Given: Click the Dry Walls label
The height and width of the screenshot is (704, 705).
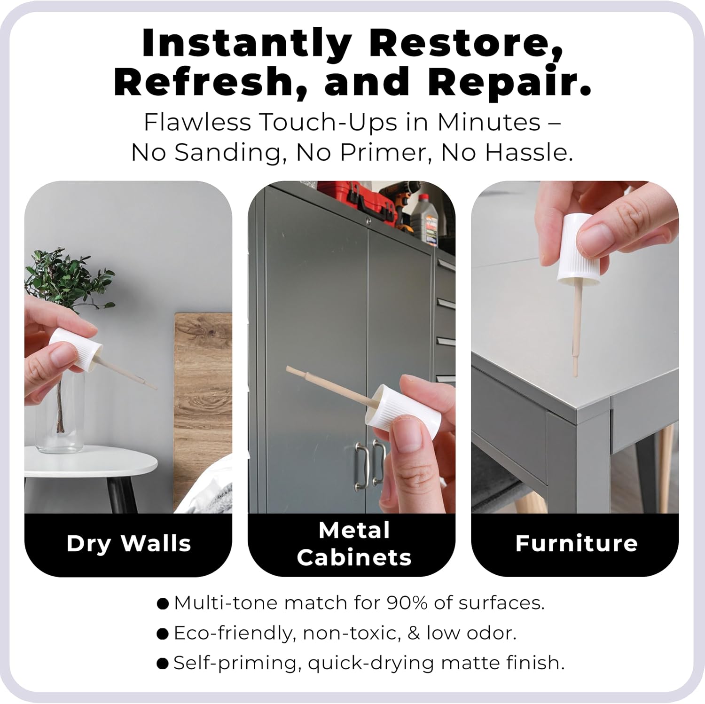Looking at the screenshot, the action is point(129,544).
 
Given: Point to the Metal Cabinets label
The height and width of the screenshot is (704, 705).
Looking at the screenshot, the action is point(354,544).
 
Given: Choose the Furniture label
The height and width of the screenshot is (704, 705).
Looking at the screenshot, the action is point(576,543).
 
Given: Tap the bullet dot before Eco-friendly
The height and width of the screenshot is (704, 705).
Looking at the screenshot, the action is point(163,634).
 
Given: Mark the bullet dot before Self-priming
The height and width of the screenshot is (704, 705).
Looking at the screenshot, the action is point(163,664).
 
